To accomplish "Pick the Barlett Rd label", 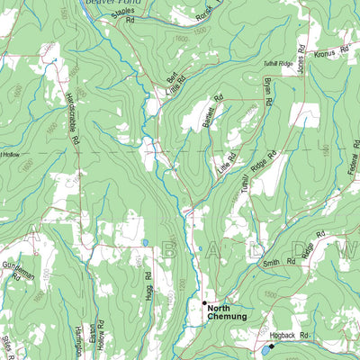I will pyautogui.click(x=211, y=117).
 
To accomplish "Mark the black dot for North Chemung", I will pyautogui.click(x=204, y=302).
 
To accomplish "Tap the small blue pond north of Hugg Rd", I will pyautogui.click(x=144, y=243).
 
